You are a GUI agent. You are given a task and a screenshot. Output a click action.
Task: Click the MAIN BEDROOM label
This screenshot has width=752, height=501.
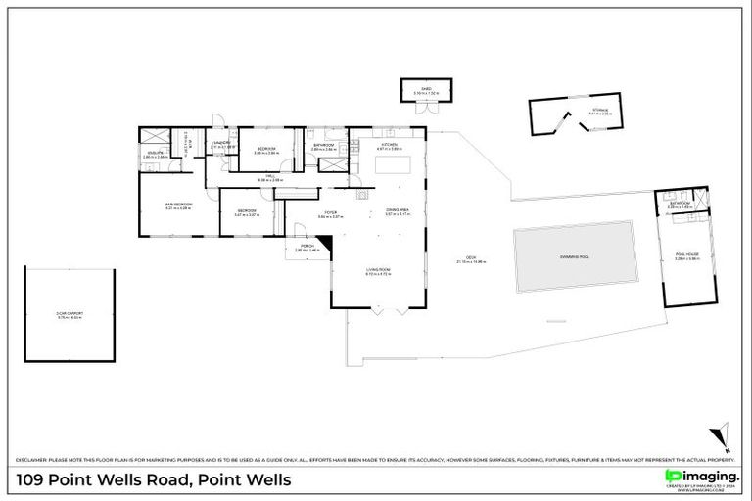click(x=178, y=204)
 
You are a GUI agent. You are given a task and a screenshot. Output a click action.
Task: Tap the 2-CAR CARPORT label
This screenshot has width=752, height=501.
click(x=70, y=314)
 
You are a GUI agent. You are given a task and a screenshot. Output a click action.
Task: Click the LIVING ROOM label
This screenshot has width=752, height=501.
click(x=378, y=270)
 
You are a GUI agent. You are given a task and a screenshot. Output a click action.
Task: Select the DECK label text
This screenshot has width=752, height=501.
click(x=471, y=258)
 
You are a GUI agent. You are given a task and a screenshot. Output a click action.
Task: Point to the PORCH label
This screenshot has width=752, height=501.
click(x=305, y=247)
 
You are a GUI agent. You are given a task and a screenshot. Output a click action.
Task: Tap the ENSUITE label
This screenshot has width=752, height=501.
click(x=154, y=153)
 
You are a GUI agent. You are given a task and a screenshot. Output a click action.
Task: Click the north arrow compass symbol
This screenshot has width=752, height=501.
click(x=723, y=433)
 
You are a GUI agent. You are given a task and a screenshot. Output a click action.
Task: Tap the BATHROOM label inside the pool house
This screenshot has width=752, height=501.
click(x=680, y=204)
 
